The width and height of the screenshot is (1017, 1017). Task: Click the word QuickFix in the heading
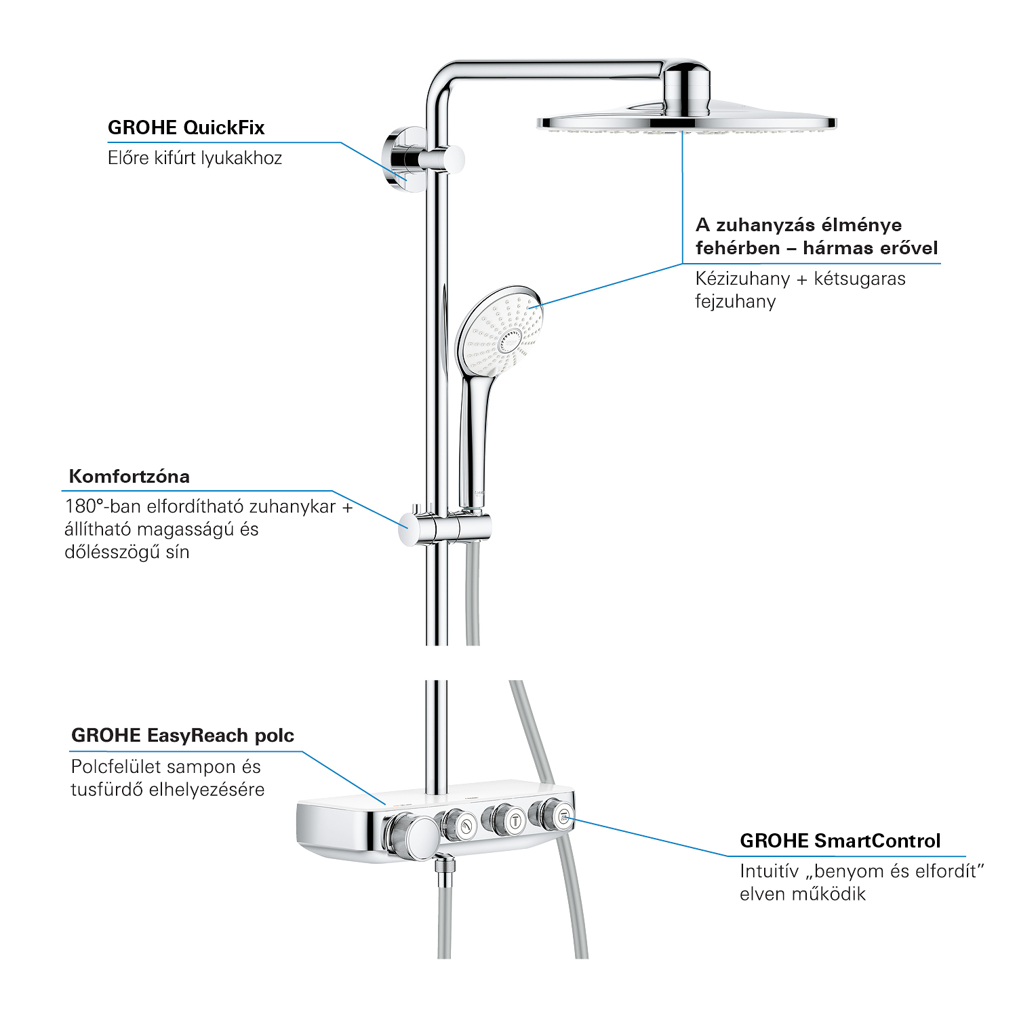click(224, 127)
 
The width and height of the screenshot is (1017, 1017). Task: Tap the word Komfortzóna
click(129, 476)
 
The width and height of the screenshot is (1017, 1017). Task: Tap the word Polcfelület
click(116, 767)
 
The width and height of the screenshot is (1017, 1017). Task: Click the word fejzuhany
click(736, 302)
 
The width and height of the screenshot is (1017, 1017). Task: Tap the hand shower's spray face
click(500, 332)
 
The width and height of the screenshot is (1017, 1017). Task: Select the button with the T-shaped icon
click(516, 821)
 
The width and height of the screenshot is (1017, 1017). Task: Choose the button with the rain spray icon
click(563, 816)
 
